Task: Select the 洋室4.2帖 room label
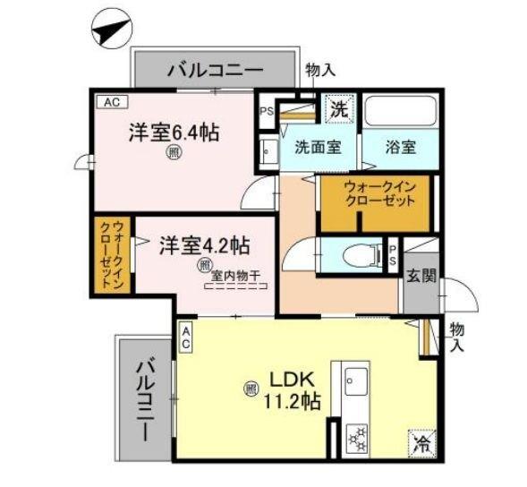(205, 244)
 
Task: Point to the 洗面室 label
(317, 148)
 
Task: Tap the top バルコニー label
(214, 69)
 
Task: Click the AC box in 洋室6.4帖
(111, 102)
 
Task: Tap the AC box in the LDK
(186, 337)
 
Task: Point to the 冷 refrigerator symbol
(421, 441)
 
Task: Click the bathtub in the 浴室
(399, 111)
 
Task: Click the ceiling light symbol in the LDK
(249, 389)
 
